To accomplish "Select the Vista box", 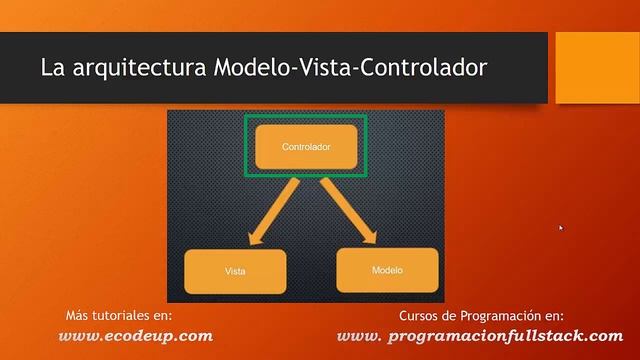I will pos(235,271).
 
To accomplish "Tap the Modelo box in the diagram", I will pos(387,270).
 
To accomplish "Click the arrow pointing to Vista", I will pos(265,214).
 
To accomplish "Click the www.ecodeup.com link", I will pos(136,336).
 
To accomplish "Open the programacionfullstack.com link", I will pos(480,336).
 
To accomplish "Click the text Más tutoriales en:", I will pos(119,315).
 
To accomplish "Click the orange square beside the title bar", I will pos(597,67).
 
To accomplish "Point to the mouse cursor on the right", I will pos(561,227).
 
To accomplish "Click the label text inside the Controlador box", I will pos(306,147).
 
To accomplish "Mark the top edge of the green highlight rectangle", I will pos(306,116).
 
